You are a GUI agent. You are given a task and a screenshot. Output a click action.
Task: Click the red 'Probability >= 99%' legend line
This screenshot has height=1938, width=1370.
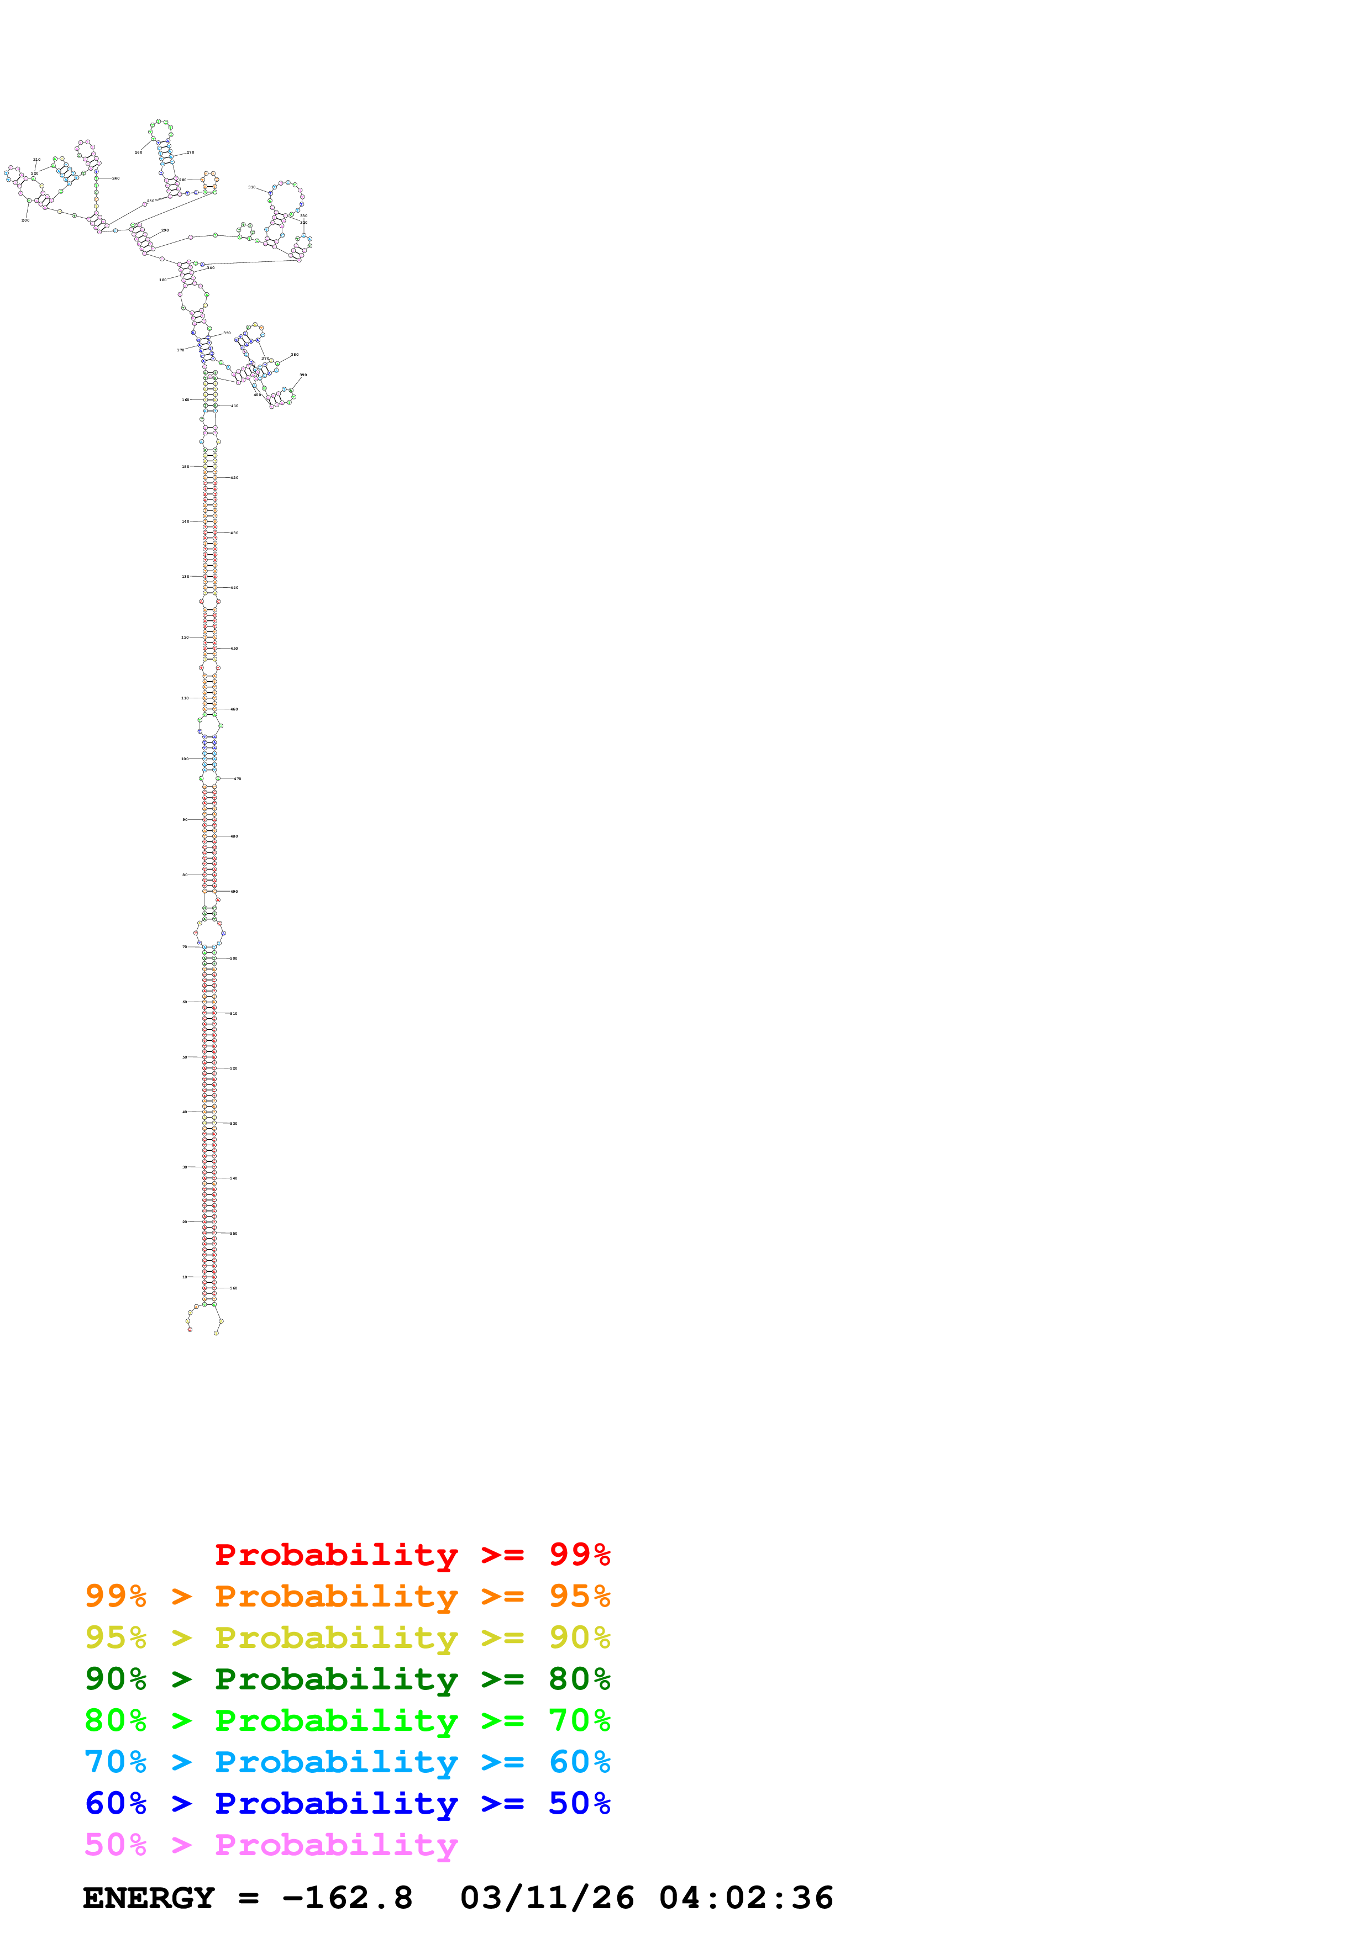tap(412, 1555)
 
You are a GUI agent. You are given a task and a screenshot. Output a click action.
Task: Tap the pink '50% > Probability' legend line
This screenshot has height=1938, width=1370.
tap(271, 1845)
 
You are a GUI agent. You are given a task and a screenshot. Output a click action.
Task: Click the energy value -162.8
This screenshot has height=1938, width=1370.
tap(348, 1898)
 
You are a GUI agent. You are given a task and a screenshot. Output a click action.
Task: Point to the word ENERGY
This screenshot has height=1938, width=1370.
tap(149, 1898)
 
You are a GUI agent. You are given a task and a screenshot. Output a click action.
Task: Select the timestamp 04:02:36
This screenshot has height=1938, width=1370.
tap(746, 1898)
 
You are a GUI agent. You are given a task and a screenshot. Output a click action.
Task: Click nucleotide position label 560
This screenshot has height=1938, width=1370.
tap(234, 1289)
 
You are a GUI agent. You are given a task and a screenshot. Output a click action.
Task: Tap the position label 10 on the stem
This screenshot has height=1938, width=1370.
tap(185, 1277)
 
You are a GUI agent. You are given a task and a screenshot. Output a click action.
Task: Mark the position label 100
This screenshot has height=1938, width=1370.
tap(185, 759)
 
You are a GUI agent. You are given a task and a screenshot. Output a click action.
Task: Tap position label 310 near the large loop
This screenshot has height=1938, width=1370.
tap(251, 187)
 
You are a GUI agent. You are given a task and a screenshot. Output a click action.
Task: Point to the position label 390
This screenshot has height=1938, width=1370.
tap(303, 375)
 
